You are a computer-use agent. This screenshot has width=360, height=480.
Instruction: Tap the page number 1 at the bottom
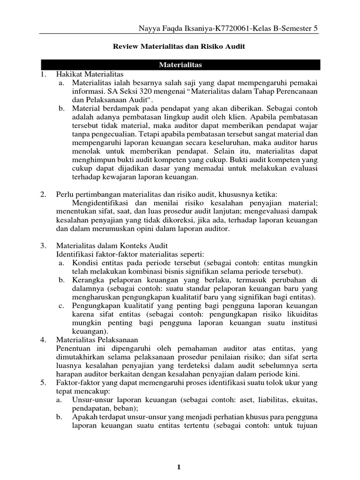pyautogui.click(x=180, y=466)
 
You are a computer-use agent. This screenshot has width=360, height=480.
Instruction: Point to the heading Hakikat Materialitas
pyautogui.click(x=89, y=74)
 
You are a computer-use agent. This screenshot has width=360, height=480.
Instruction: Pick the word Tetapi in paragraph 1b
pyautogui.click(x=158, y=134)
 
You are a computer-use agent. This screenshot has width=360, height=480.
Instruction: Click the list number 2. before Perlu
pyautogui.click(x=43, y=194)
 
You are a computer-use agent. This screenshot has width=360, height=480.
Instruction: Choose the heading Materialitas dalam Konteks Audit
pyautogui.click(x=112, y=246)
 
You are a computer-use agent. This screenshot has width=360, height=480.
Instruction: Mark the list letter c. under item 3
pyautogui.click(x=61, y=306)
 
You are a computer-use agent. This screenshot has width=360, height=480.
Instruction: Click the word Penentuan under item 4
pyautogui.click(x=73, y=349)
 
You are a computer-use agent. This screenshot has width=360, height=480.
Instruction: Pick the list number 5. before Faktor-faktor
pyautogui.click(x=43, y=382)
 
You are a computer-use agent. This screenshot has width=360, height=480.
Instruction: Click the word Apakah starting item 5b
pyautogui.click(x=85, y=417)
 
